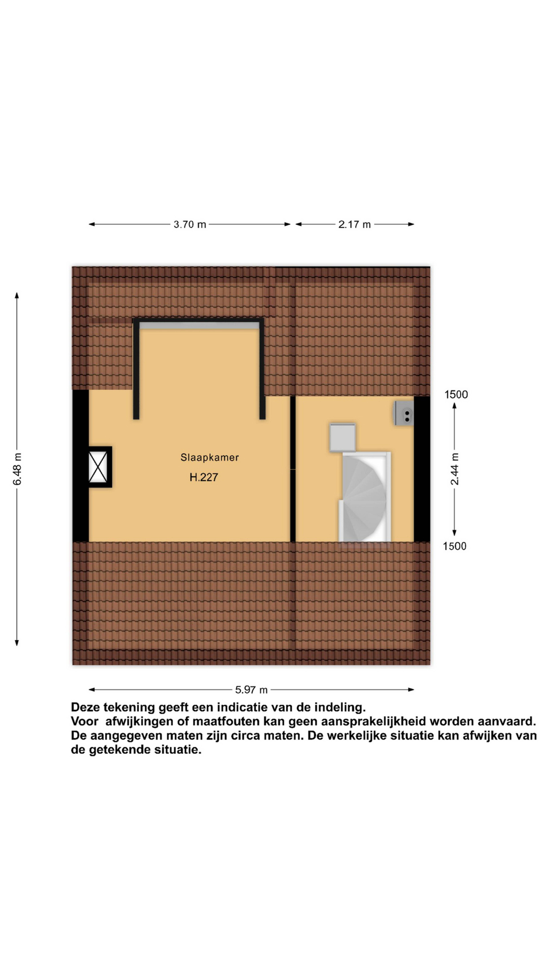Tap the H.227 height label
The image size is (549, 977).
pyautogui.click(x=204, y=477)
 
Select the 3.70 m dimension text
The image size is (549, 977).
pyautogui.click(x=190, y=225)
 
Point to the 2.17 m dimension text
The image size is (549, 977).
pyautogui.click(x=354, y=225)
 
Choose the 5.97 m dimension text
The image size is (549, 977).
pyautogui.click(x=251, y=689)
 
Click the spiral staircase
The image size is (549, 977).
pyautogui.click(x=364, y=497)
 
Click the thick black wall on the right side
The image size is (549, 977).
pyautogui.click(x=422, y=469)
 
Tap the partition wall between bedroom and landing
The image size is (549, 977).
pyautogui.click(x=293, y=469)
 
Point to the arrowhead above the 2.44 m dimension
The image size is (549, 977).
pyautogui.click(x=454, y=405)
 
